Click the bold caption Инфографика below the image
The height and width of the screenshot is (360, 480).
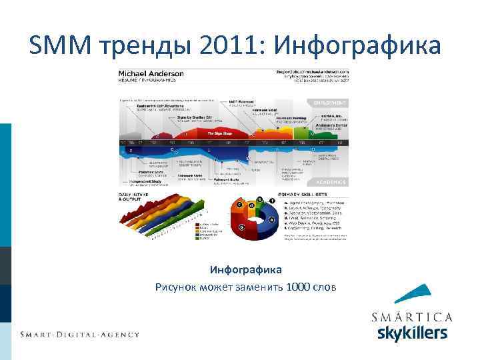(x=246, y=270)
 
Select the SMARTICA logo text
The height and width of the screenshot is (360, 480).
(x=412, y=317)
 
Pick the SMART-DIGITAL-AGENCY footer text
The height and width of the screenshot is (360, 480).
(x=79, y=334)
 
